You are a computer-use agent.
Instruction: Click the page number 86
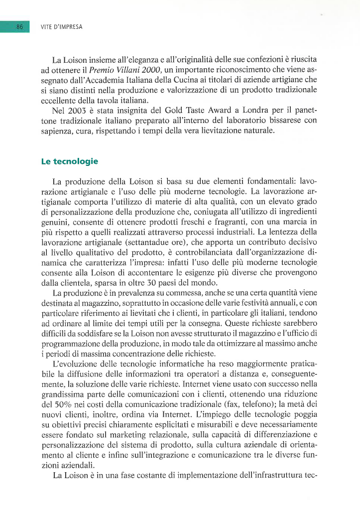(x=20, y=26)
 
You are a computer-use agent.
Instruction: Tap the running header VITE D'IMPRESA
(x=62, y=26)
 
